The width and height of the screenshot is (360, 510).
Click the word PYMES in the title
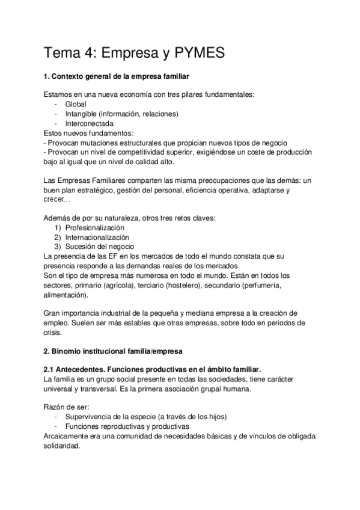click(198, 54)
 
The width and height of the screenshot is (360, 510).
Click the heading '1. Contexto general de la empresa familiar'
click(118, 76)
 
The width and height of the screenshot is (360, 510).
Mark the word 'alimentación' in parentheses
click(66, 295)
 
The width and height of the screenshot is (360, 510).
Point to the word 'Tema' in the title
click(63, 54)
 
